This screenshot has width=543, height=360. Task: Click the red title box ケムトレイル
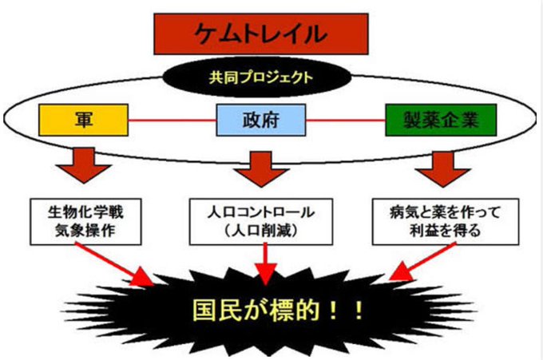(x=261, y=34)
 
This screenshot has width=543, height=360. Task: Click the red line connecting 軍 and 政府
(x=172, y=121)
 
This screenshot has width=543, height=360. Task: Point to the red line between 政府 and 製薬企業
(x=345, y=121)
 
